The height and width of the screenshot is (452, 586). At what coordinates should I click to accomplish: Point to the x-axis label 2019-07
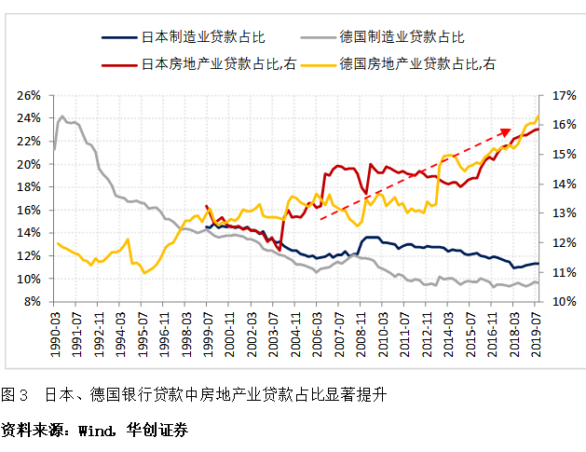pos(537,328)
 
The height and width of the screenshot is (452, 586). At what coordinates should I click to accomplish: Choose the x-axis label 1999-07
pos(206,328)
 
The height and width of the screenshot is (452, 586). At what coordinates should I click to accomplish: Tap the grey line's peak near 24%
pos(62,116)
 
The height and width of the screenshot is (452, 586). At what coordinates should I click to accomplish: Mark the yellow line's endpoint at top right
pos(538,116)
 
